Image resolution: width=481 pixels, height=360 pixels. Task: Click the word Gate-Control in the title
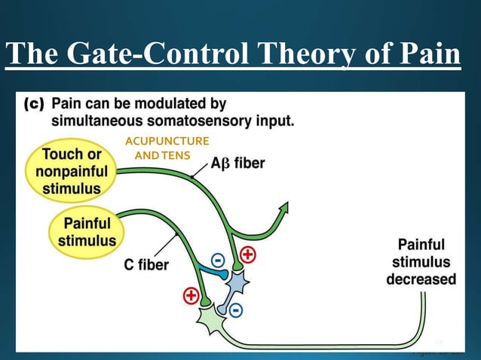pyautogui.click(x=152, y=55)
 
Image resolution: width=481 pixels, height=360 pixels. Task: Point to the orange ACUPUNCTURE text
pyautogui.click(x=167, y=141)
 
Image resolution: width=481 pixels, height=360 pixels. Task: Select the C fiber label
pyautogui.click(x=146, y=264)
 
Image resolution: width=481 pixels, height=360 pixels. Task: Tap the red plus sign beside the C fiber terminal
pyautogui.click(x=191, y=296)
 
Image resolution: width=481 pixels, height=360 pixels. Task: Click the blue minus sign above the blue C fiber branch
pyautogui.click(x=218, y=260)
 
